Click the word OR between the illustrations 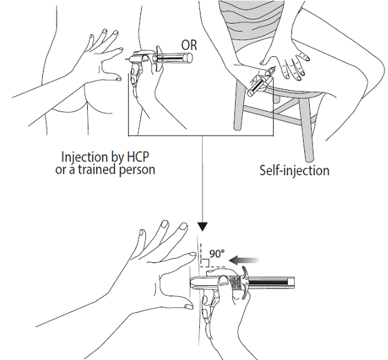click(189, 45)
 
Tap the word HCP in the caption click(138, 157)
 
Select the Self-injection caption click(295, 170)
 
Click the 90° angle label click(217, 254)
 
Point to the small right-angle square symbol click(205, 262)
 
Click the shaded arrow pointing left click(244, 260)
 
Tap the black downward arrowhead click(203, 226)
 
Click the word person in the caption click(137, 170)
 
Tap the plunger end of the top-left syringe click(190, 57)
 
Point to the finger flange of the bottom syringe click(245, 282)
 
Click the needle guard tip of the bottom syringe click(194, 283)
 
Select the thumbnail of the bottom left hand click(189, 307)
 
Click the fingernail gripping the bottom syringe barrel click(224, 280)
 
